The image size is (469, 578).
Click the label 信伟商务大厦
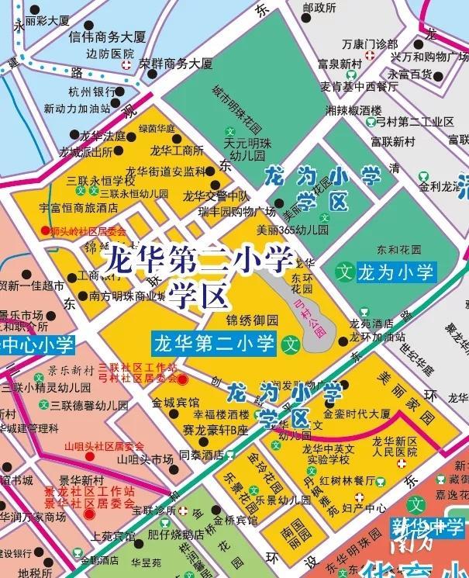(107, 36)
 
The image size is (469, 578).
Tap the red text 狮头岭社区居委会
(84, 231)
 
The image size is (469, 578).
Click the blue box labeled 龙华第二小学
(215, 341)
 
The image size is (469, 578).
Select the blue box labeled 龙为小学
(396, 272)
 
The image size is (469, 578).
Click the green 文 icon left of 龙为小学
(345, 272)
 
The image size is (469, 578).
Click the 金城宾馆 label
(175, 403)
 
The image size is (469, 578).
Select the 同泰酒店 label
(201, 455)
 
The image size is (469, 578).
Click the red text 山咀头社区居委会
(104, 446)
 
